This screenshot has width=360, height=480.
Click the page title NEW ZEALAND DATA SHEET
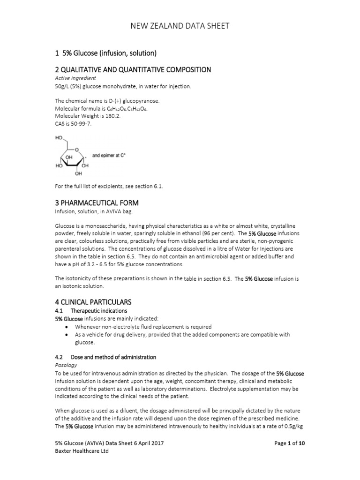pyautogui.click(x=180, y=26)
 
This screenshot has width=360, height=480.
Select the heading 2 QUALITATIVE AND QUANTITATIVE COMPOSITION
pyautogui.click(x=133, y=69)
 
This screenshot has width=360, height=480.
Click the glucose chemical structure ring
pyautogui.click(x=72, y=157)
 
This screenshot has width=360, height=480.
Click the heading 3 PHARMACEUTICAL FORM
pyautogui.click(x=97, y=202)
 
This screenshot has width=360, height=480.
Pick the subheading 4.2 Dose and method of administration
pyautogui.click(x=105, y=357)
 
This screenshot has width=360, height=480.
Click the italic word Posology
pyautogui.click(x=66, y=365)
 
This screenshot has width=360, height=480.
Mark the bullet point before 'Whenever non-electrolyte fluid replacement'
pyautogui.click(x=68, y=327)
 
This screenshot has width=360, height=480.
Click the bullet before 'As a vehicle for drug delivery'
pyautogui.click(x=68, y=335)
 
